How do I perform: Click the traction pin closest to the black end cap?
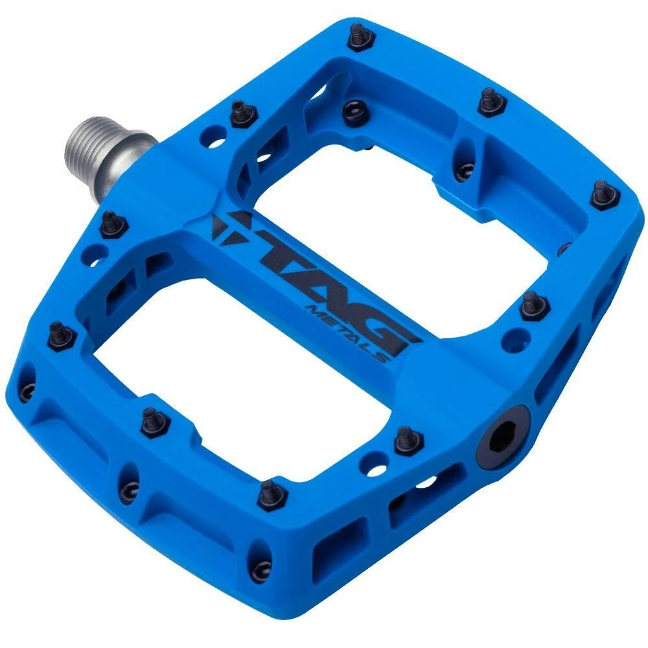pyautogui.click(x=407, y=441)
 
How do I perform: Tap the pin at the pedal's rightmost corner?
pyautogui.click(x=604, y=193)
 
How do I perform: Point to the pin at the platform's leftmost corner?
pyautogui.click(x=62, y=335)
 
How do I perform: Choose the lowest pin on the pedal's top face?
pyautogui.click(x=272, y=494)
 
